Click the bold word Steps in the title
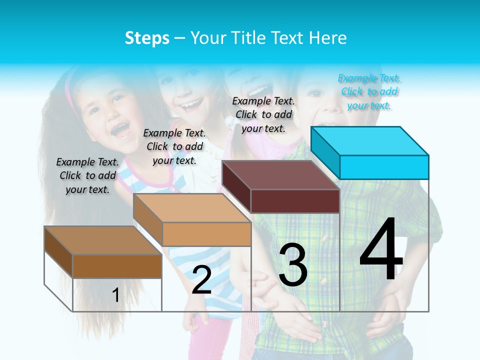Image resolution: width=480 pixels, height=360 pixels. pos(147,38)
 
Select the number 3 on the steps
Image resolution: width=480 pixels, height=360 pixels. pos(293,265)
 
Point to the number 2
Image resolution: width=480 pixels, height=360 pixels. pos(201,280)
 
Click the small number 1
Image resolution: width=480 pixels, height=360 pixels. pos(115,295)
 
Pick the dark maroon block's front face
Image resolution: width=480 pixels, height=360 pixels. pos(295,201)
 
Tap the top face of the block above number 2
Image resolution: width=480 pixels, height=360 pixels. pos(192,207)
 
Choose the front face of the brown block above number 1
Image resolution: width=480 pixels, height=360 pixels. pos(117,266)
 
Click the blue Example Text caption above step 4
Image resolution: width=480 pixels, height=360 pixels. pos(369,92)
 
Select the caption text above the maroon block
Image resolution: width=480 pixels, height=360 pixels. pos(263,114)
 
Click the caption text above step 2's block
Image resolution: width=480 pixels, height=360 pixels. pos(174,146)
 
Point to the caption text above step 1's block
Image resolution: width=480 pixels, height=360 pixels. pos(87,175)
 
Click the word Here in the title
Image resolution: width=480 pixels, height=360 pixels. pos(328,38)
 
